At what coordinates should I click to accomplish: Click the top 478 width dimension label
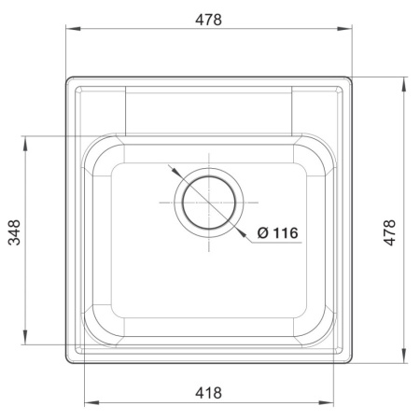[x=208, y=20]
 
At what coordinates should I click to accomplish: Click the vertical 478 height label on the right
[x=389, y=232]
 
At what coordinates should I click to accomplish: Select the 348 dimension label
[x=14, y=232]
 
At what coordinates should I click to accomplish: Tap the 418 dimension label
[x=208, y=393]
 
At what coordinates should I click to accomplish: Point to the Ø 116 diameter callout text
[x=278, y=232]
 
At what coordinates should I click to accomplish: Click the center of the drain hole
[x=209, y=203]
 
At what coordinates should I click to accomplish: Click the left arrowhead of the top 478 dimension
[x=74, y=29]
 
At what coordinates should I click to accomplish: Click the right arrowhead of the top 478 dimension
[x=344, y=29]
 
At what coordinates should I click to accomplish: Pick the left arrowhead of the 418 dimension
[x=92, y=403]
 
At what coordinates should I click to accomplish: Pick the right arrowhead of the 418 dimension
[x=326, y=403]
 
